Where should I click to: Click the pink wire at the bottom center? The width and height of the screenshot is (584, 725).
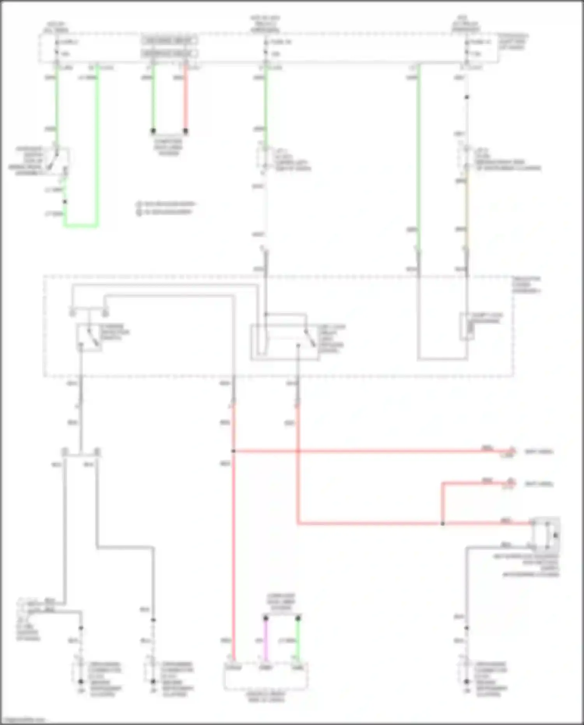click(266, 639)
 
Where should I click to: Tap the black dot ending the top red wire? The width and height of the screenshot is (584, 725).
click(186, 131)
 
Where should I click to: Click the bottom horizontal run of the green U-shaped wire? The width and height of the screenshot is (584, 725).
click(81, 225)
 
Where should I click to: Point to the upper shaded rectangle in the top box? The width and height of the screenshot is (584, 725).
click(169, 41)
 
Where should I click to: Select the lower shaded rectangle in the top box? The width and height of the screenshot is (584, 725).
click(169, 53)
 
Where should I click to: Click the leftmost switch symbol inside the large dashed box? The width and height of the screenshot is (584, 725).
click(90, 337)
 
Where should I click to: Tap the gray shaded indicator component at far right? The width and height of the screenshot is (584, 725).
click(547, 531)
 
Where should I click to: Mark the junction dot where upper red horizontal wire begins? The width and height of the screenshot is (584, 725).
click(234, 451)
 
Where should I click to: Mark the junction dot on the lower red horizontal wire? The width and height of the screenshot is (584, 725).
click(442, 524)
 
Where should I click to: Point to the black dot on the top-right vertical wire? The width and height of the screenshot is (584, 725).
click(467, 97)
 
